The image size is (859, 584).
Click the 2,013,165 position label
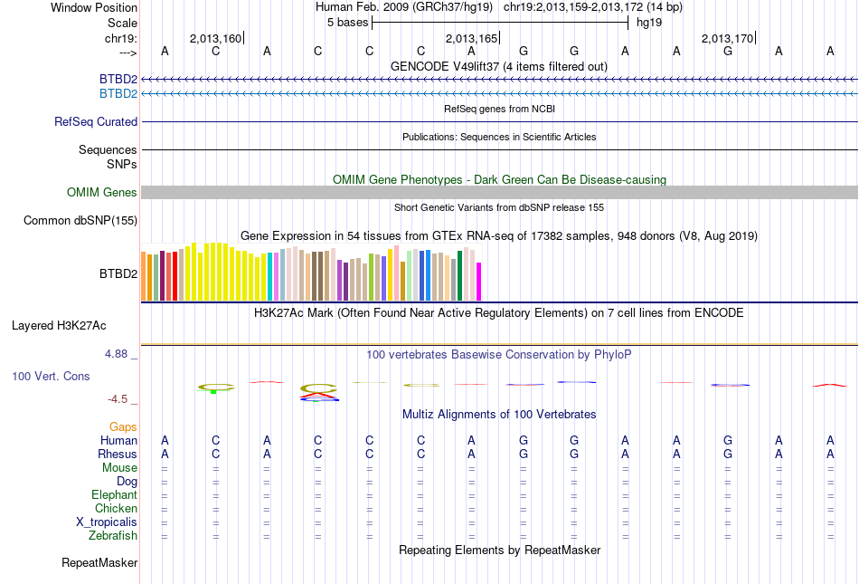471,38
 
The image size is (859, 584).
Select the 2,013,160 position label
215,38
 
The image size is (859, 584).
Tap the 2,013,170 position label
727,38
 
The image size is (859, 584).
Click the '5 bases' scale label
347,23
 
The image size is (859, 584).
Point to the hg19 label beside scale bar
649,23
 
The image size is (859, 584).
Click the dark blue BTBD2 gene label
118,79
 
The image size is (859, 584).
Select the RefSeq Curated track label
96,121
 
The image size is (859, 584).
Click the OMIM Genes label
102,192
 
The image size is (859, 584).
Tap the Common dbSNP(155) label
80,220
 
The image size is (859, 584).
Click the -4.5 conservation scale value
118,398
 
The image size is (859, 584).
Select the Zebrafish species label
114,535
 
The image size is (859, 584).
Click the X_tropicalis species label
107,522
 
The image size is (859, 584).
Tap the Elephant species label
114,494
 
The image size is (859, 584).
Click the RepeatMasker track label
99,563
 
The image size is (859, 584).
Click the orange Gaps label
123,426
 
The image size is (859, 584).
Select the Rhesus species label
118,454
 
